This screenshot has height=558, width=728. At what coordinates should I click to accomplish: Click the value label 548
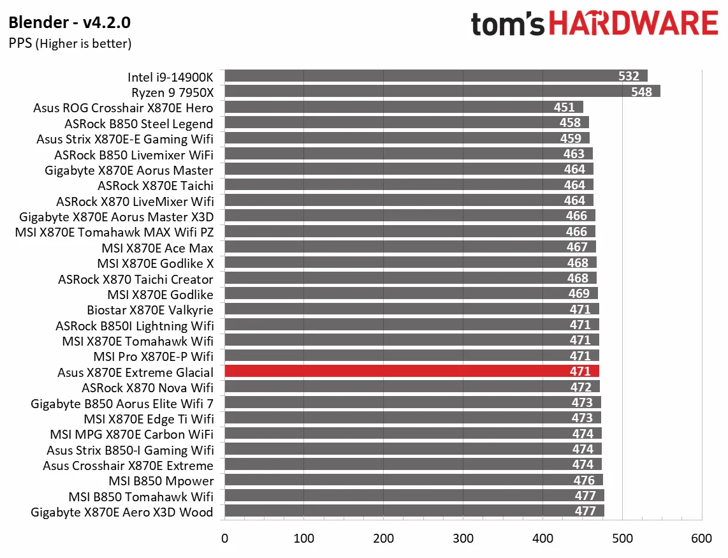coord(641,92)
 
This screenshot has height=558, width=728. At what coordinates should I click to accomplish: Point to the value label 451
coord(564,107)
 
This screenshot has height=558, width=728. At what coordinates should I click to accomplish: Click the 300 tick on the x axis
coord(463,539)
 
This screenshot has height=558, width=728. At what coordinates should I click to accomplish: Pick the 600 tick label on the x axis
coord(702,539)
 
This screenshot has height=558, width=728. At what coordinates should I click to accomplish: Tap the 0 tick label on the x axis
coord(224,539)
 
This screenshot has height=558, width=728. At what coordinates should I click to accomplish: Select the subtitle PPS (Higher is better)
coord(70,43)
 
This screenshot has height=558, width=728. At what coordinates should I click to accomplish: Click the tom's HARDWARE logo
coord(594,24)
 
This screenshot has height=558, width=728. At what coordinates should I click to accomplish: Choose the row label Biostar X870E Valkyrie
coord(150,310)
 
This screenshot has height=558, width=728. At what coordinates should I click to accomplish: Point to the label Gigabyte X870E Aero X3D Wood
coord(122,512)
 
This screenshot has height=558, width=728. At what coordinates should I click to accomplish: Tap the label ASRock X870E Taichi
coord(155,186)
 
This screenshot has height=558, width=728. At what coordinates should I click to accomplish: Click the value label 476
coord(584,481)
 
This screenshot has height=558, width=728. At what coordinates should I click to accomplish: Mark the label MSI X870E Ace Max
coord(157,248)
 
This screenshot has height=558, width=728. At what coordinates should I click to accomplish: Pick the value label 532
coord(629,76)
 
